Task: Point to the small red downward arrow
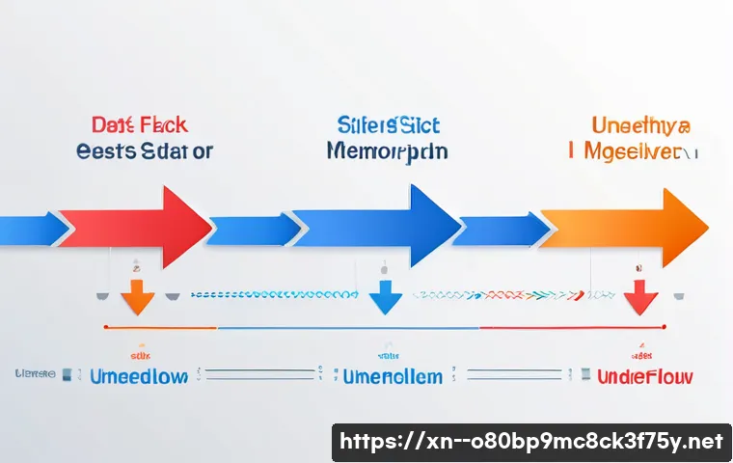pyautogui.click(x=638, y=297)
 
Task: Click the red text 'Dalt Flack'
pyautogui.click(x=139, y=125)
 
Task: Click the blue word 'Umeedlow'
pyautogui.click(x=138, y=375)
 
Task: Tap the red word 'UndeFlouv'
pyautogui.click(x=644, y=375)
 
